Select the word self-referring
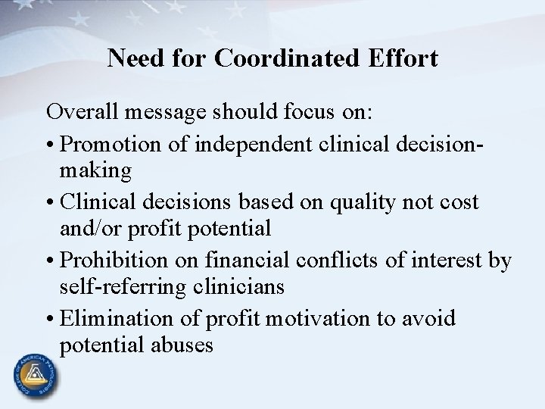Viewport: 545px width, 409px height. (x=132, y=287)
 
